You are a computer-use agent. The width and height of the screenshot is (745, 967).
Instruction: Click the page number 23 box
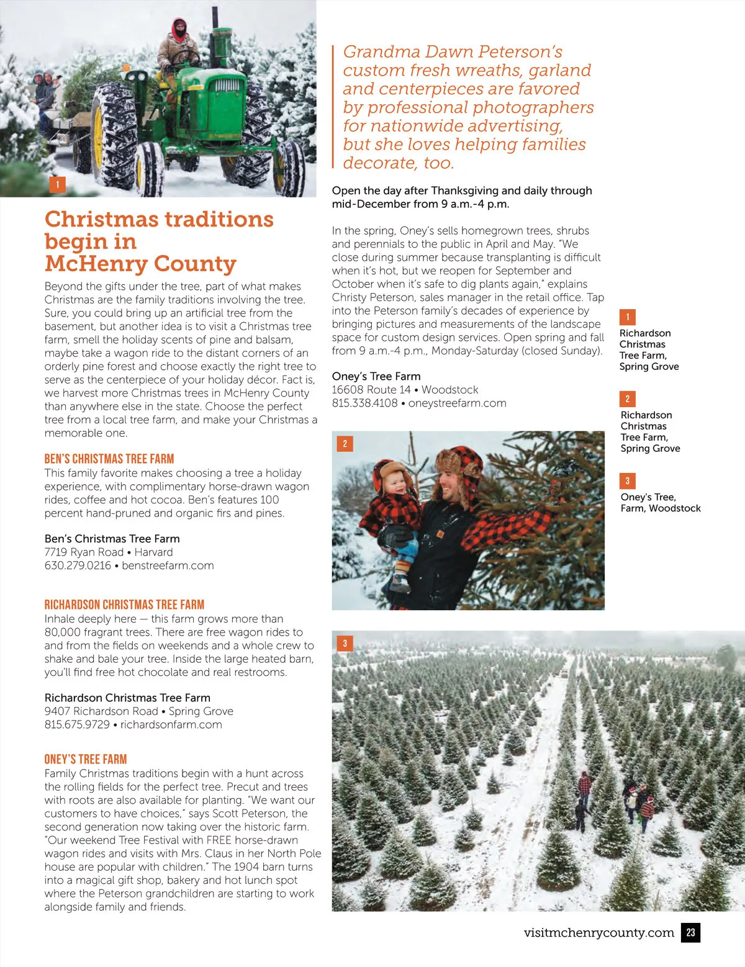(x=690, y=932)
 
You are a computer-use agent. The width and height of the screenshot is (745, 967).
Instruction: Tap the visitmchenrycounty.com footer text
(x=598, y=932)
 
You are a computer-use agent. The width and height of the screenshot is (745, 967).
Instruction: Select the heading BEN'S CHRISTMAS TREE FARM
(x=109, y=459)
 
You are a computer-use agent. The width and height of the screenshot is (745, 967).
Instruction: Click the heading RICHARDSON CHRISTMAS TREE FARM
(x=124, y=605)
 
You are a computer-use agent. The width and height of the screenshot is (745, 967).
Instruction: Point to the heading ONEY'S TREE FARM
(x=86, y=759)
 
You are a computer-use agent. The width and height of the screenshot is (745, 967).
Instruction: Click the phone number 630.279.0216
(x=78, y=565)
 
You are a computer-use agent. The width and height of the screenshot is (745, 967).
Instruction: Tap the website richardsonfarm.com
(x=171, y=724)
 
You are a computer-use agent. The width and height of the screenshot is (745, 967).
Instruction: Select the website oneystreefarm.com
(x=457, y=403)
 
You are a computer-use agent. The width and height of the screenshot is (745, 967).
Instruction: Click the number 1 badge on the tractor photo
(x=57, y=184)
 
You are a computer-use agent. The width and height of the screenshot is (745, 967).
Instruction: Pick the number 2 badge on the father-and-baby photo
(x=345, y=444)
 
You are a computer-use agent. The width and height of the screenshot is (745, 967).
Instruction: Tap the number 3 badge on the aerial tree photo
(x=345, y=643)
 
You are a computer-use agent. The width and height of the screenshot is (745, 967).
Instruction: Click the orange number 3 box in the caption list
(x=627, y=481)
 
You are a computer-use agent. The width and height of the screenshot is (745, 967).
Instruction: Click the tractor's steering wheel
(x=185, y=58)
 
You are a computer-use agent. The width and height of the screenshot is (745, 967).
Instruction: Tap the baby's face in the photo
(x=395, y=483)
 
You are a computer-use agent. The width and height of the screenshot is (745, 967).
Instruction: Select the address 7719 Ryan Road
(x=84, y=552)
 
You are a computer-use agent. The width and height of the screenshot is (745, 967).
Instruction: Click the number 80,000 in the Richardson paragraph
(x=66, y=632)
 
